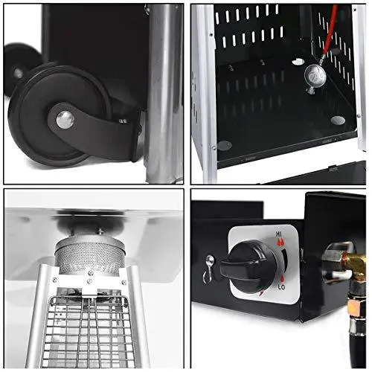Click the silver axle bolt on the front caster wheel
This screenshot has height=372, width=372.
point(65,120)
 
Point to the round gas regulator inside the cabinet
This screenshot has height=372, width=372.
point(315,74)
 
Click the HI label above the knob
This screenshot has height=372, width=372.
point(279,234)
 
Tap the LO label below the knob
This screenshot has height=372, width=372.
point(281,287)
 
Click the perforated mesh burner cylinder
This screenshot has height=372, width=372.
point(90,258)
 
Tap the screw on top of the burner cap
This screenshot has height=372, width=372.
point(100,232)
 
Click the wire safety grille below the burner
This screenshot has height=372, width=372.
point(88,333)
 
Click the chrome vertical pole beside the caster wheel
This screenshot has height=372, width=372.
point(164,94)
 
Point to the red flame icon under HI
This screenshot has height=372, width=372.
point(280,242)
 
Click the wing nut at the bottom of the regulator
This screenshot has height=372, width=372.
point(310,90)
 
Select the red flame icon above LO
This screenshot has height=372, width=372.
point(282,279)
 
